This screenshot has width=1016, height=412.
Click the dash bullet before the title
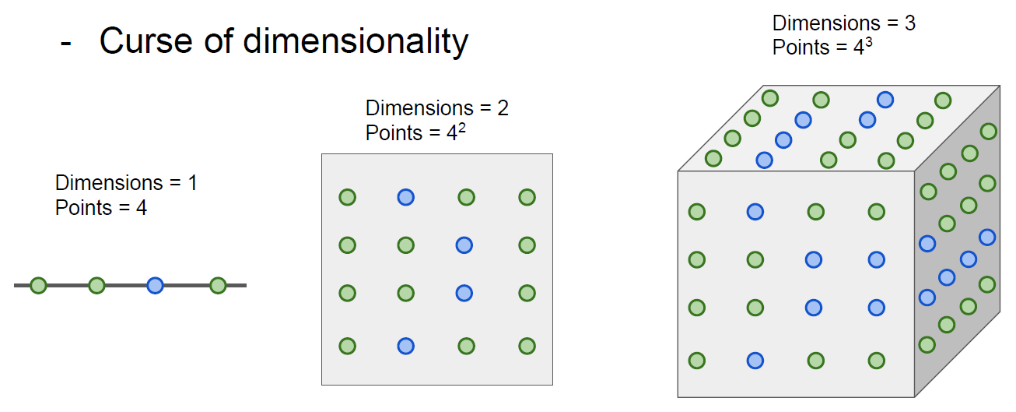point(66,43)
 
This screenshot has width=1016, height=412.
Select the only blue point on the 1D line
point(156,286)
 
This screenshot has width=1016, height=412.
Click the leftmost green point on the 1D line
point(38,286)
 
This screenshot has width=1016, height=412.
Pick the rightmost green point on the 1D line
point(218,286)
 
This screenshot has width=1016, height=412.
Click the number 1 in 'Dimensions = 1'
point(191,183)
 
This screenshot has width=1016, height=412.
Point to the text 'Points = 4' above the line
point(101,208)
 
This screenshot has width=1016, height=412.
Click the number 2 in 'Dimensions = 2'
point(503,107)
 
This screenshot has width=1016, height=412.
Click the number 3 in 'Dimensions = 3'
point(909,23)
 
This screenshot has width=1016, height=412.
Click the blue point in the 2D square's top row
point(405,198)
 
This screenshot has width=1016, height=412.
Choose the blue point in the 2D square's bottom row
point(405,346)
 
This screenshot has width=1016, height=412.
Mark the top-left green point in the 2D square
point(347,198)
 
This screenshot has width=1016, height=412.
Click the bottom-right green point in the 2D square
point(527,346)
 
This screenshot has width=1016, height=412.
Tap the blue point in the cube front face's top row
point(755,212)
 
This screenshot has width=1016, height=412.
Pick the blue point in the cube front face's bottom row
point(755,361)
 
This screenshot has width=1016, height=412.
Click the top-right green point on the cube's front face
point(877,212)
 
